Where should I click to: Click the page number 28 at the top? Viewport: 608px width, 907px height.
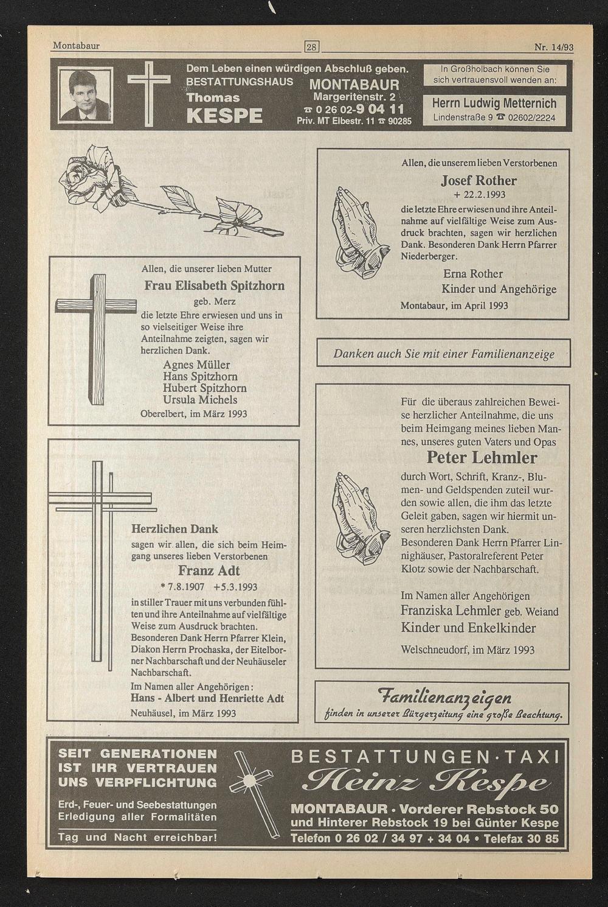(311, 47)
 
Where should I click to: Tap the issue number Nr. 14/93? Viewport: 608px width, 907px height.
(554, 47)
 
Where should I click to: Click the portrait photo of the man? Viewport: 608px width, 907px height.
(85, 95)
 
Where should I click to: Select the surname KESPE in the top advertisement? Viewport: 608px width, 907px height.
(224, 116)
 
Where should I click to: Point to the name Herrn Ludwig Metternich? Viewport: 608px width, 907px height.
(494, 103)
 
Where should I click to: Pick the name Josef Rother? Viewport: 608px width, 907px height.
(478, 180)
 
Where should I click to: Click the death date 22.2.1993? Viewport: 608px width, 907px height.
(484, 194)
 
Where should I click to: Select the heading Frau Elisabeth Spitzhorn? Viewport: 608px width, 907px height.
(215, 285)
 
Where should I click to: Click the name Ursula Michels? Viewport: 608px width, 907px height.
(200, 400)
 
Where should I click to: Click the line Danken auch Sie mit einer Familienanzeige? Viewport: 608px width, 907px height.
(444, 354)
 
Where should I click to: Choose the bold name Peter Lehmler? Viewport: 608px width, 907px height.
(482, 458)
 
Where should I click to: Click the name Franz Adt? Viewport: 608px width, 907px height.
(209, 570)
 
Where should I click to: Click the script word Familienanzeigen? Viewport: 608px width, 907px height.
(444, 697)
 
